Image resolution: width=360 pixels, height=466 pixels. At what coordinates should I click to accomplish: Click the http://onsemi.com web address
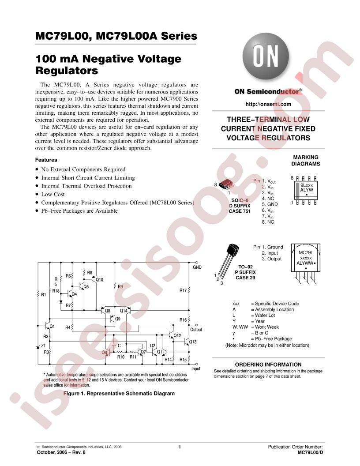coord(268,104)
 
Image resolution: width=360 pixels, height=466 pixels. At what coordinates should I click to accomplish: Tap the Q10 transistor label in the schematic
coord(100,280)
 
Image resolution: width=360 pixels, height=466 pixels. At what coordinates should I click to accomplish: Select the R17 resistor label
coord(183,290)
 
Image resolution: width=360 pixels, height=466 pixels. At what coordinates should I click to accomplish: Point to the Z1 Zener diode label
coord(43,346)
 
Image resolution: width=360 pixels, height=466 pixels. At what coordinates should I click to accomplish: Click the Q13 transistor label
coord(193,342)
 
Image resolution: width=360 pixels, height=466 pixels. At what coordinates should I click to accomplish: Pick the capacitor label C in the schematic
coord(119,346)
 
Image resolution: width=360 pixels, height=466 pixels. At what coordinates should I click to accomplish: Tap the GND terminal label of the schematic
coord(197,267)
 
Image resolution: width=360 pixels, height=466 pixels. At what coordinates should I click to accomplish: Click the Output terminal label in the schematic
coord(196,330)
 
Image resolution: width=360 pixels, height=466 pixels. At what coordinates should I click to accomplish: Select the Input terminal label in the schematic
coord(196,368)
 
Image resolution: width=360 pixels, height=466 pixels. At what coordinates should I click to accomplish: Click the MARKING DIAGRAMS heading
coord(306,161)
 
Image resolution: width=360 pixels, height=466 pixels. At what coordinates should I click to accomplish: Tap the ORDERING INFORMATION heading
coord(268,365)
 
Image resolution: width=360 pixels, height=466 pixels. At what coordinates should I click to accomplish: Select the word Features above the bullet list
coord(46,160)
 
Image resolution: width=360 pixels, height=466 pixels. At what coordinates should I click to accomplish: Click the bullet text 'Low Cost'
coord(53,194)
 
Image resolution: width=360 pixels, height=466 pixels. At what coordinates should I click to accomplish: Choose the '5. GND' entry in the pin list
coord(270,204)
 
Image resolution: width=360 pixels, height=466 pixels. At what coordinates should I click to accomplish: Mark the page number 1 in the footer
coord(180,447)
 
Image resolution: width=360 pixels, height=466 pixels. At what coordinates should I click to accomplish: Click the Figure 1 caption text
coord(119,394)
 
